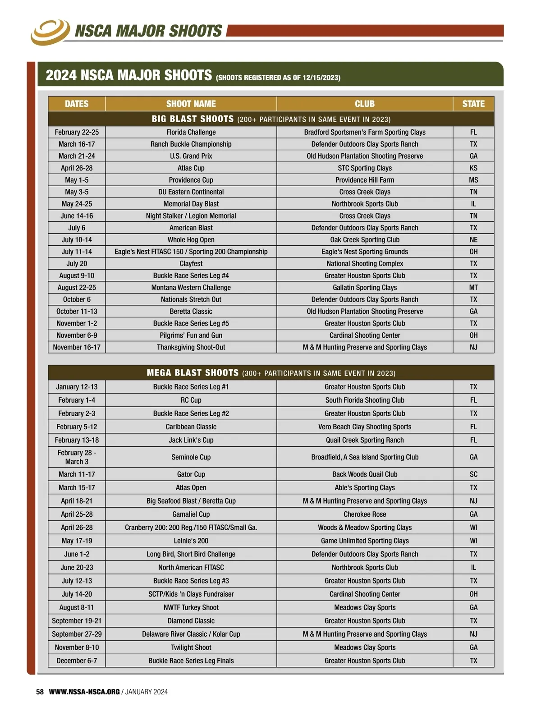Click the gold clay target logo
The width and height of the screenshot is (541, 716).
(50, 31)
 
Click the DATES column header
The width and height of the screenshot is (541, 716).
(77, 104)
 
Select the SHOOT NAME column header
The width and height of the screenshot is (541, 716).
(191, 104)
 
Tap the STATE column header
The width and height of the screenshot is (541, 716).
(473, 104)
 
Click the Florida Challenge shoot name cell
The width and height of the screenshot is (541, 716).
(191, 132)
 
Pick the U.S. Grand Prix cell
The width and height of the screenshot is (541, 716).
(191, 156)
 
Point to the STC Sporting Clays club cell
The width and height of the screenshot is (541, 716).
(364, 168)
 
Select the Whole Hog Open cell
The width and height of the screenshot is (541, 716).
(191, 240)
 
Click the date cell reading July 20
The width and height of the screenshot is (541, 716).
(77, 264)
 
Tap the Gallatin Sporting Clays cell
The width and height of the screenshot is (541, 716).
(364, 288)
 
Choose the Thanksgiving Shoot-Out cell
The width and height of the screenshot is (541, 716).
(191, 347)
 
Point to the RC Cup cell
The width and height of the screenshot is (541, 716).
(191, 400)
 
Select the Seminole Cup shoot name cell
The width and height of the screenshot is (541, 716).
(191, 457)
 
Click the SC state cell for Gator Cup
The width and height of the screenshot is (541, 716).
(473, 474)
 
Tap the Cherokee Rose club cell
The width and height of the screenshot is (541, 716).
(364, 514)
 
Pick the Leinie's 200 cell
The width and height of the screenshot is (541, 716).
(191, 541)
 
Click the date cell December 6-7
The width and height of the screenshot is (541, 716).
(77, 661)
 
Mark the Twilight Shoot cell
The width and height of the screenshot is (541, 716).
(191, 647)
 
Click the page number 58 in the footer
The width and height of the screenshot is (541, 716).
(40, 692)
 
